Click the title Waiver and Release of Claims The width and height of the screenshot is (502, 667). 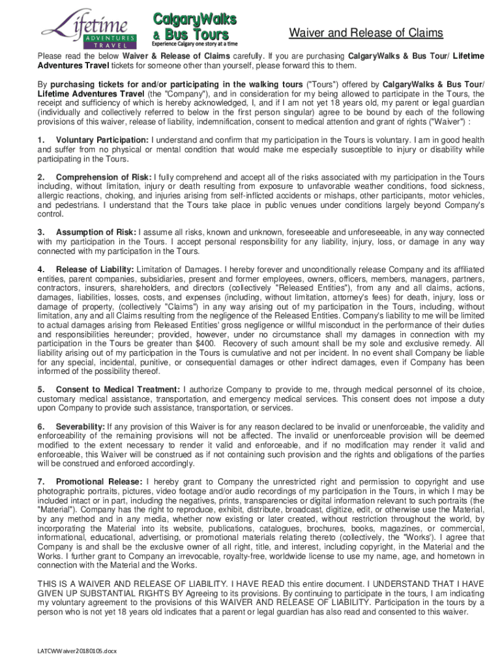click(366, 33)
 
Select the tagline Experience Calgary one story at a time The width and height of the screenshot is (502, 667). click(194, 44)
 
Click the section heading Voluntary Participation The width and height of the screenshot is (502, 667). click(102, 140)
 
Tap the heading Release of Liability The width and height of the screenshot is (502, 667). click(95, 269)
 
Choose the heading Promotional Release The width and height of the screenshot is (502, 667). click(95, 481)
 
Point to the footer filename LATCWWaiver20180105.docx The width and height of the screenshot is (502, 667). click(78, 651)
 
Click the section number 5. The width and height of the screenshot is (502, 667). click(41, 390)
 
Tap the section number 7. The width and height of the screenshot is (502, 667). click(41, 481)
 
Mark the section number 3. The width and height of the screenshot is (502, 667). click(41, 233)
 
